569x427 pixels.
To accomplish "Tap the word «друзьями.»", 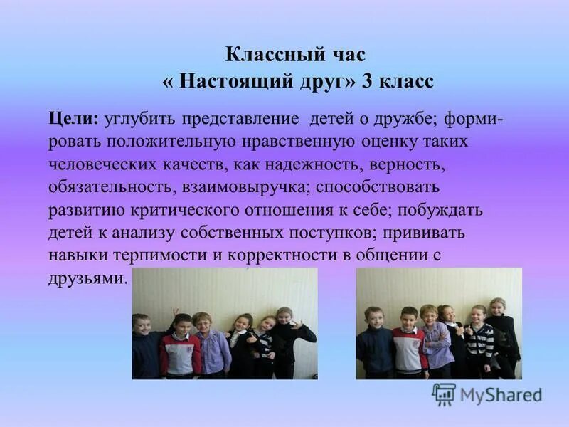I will point(88,279).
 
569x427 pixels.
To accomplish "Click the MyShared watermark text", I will point(501,396).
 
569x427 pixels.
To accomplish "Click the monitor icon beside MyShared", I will point(445,394).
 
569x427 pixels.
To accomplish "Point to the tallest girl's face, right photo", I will point(498,307).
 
